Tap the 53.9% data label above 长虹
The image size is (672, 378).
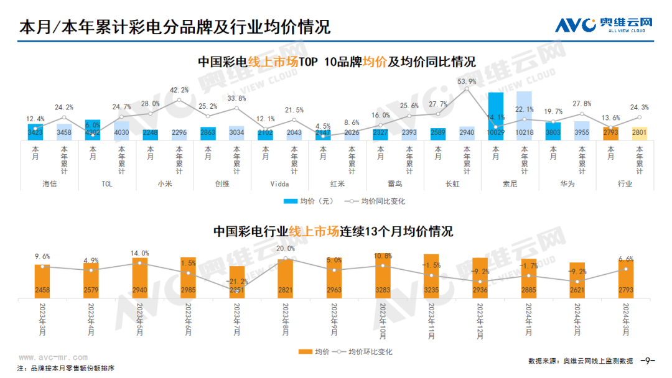pos(467,81)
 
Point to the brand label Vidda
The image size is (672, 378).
pos(280,184)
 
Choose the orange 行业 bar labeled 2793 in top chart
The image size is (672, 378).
pos(610,133)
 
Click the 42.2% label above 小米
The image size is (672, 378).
pos(179,90)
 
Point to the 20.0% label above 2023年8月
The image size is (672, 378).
pos(286,249)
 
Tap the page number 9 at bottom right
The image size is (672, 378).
pos(648,361)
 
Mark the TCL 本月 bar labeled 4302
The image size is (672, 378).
pos(93,129)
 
